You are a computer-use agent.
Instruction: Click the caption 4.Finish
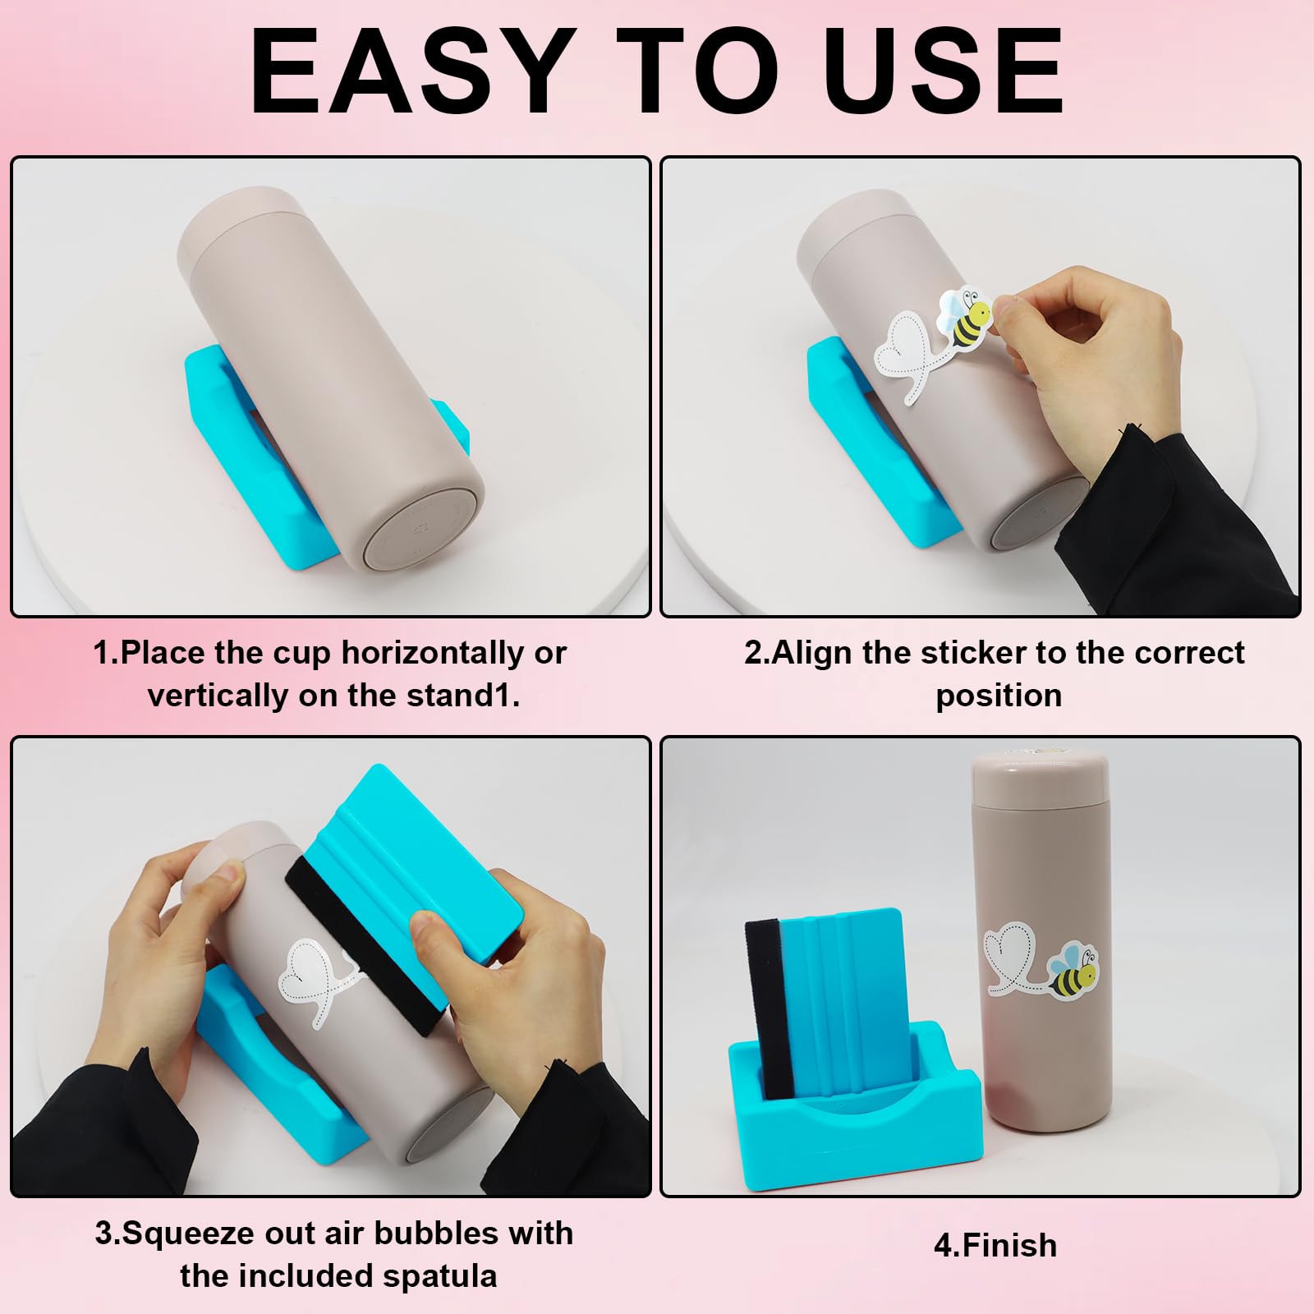pyautogui.click(x=995, y=1246)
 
